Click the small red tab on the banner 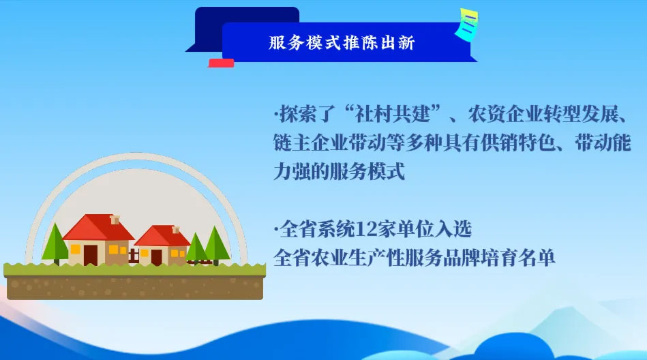point(221,63)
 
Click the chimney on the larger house point(115,220)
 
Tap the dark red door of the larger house point(91,254)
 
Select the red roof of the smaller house point(162,236)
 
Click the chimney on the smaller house point(175,229)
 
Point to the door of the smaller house point(157,257)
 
